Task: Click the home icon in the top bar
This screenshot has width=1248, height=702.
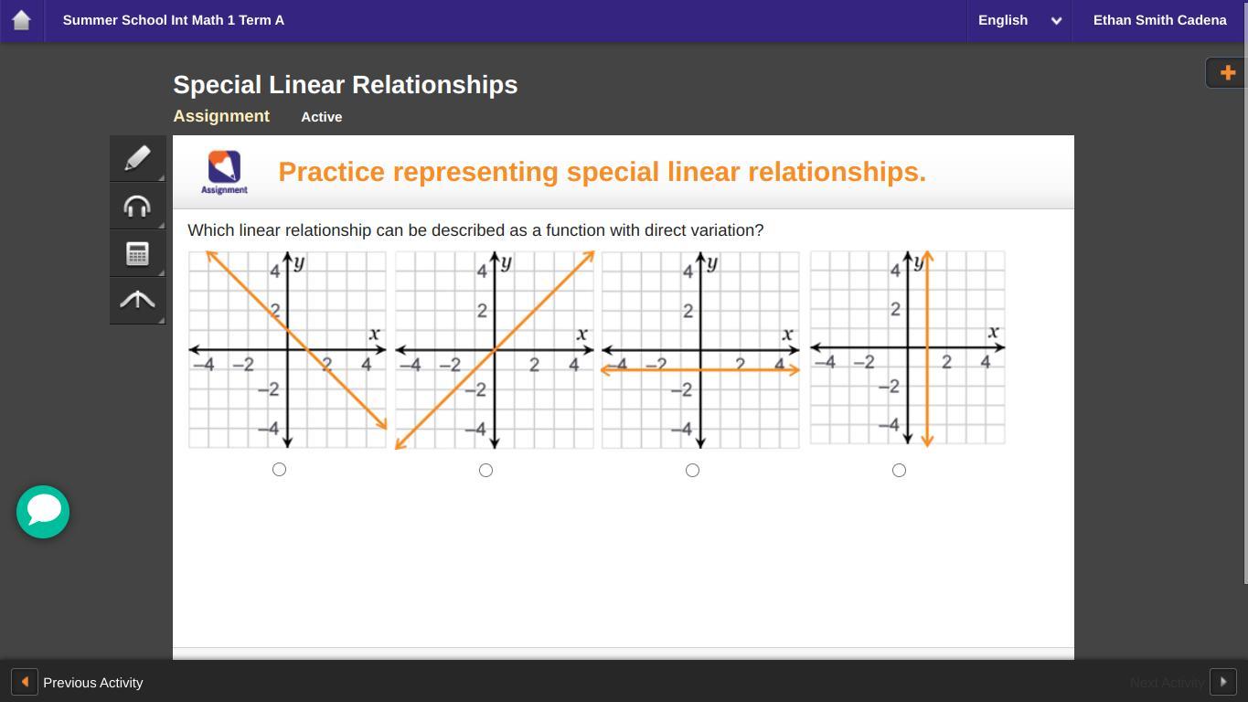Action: tap(21, 20)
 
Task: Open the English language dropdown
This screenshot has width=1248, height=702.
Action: tap(1019, 20)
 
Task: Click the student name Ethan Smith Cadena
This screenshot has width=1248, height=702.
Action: tap(1159, 20)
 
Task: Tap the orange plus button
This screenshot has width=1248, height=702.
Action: tap(1227, 72)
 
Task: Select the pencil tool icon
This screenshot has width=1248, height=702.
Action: tap(137, 158)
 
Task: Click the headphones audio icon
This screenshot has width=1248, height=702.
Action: tap(137, 207)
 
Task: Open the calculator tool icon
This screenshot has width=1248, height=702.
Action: tap(137, 254)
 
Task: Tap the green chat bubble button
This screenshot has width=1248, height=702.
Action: tap(43, 512)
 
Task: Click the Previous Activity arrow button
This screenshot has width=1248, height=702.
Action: tap(25, 682)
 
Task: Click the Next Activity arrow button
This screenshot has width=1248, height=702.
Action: tap(1223, 682)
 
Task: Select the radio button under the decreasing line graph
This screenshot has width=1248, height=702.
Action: tap(279, 470)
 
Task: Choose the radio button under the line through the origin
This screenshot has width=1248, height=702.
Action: tap(485, 470)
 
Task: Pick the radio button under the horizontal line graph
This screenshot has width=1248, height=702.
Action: tap(692, 470)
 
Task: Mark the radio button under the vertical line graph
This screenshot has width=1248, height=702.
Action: tap(900, 470)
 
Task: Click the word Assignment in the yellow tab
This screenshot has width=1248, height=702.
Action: tap(221, 116)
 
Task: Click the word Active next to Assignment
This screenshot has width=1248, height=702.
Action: tap(322, 117)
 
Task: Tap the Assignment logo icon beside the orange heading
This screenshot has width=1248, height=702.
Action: tap(225, 173)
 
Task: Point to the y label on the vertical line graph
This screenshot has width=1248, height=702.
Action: tap(918, 262)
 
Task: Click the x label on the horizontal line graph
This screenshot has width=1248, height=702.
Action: tap(787, 335)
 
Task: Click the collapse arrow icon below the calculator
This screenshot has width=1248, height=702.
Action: tap(137, 300)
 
